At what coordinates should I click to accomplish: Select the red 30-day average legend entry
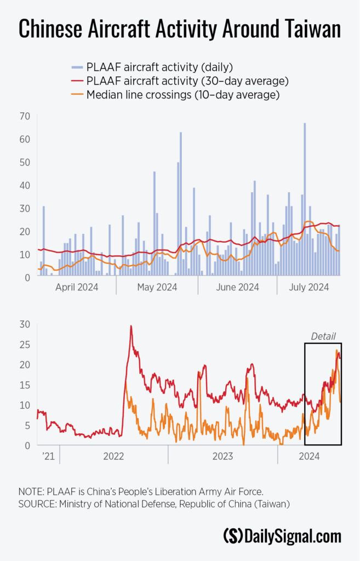(x=187, y=81)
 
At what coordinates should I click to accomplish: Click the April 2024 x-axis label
(x=77, y=287)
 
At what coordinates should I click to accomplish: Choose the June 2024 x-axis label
(x=238, y=287)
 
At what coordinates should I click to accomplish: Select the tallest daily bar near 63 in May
(x=181, y=203)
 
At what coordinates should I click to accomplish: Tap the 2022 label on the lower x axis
(x=113, y=456)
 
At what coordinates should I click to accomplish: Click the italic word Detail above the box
(x=323, y=336)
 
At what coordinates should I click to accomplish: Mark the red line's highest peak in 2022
(x=131, y=327)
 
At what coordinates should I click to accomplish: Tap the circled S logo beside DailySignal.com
(x=233, y=536)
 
